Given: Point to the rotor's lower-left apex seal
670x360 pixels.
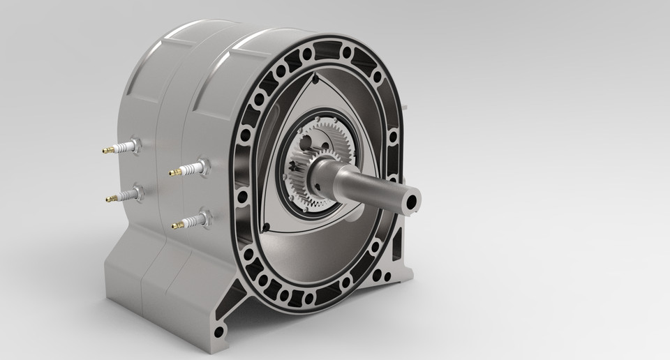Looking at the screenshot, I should click(267, 225).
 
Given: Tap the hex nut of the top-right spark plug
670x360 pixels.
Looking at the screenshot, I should click(202, 165).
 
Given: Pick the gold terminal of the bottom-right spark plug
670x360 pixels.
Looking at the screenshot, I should click(177, 225).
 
